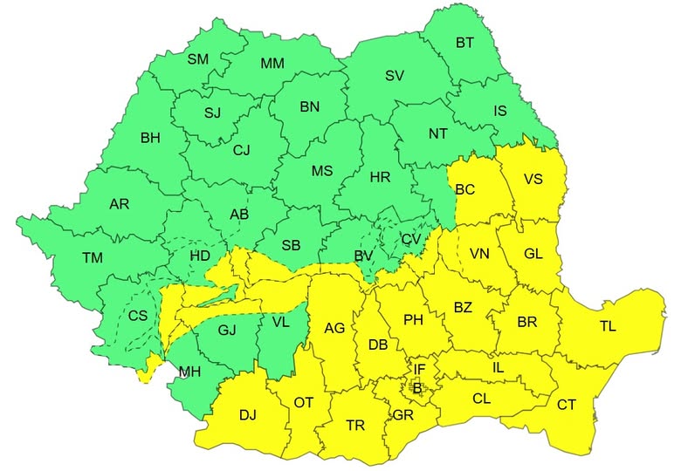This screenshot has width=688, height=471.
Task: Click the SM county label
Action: [198, 59]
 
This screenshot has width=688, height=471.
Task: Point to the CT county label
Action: [567, 405]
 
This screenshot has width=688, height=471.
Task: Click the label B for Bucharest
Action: [416, 387]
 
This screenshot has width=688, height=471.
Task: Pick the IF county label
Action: [419, 370]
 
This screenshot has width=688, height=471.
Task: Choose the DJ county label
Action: [248, 415]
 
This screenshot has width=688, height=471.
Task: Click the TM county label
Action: [91, 257]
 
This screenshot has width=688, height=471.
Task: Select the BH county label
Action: [150, 137]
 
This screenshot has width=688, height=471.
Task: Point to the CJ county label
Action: [241, 150]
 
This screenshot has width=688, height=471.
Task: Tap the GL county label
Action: [533, 252]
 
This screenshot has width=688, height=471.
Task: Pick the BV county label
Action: [364, 256]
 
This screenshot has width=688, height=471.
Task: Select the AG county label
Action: [334, 328]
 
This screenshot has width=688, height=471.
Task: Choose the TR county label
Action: [355, 426]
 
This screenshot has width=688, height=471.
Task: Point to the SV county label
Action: [394, 76]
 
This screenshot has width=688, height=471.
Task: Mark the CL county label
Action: [481, 399]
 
